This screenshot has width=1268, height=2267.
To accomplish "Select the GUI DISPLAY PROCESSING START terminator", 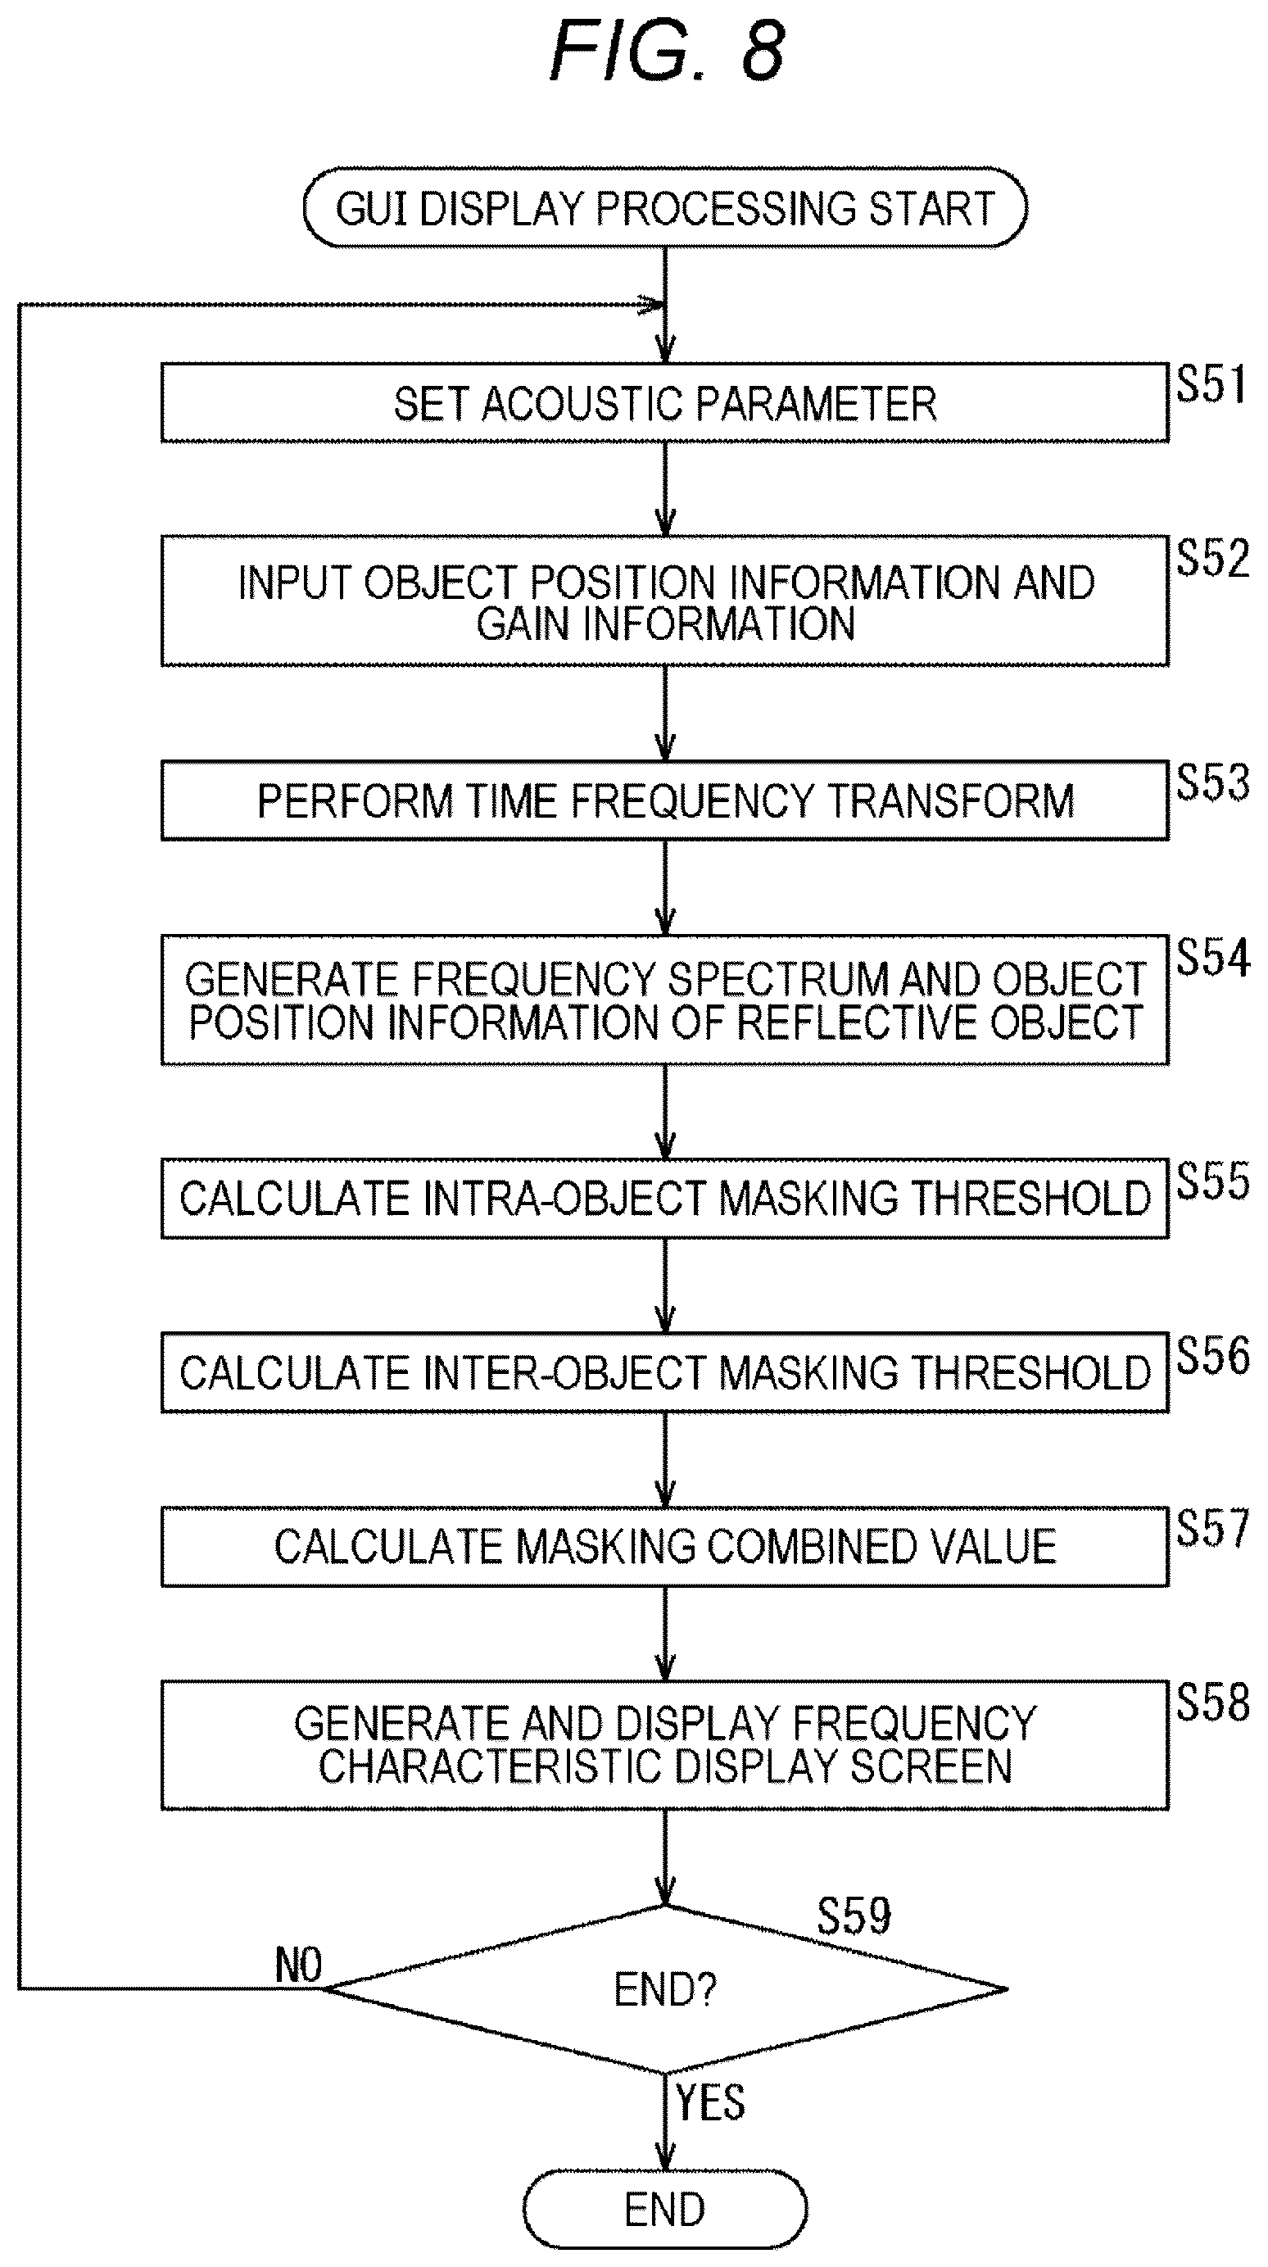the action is [665, 207].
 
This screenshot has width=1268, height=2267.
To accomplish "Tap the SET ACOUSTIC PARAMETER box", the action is [665, 403].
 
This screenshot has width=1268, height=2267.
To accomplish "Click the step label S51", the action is [1211, 384].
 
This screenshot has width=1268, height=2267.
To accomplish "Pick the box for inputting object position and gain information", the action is [665, 601].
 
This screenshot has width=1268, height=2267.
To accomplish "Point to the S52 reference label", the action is [1212, 558].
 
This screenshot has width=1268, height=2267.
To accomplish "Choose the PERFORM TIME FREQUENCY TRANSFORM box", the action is [665, 800].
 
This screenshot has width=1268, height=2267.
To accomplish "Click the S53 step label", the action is [1212, 782].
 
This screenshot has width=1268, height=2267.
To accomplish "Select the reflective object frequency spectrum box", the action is [665, 1000].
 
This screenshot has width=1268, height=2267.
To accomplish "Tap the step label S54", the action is [1212, 957].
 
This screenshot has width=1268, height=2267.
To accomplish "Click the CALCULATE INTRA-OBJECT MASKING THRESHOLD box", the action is [665, 1199].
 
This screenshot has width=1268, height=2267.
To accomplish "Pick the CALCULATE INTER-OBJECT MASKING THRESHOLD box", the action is [665, 1373].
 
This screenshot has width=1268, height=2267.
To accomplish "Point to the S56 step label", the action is [1212, 1355].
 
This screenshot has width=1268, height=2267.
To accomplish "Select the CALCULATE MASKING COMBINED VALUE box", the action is [665, 1547].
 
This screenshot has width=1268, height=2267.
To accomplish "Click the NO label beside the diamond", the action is [298, 1965].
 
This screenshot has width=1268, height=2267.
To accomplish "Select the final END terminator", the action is [665, 2210].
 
